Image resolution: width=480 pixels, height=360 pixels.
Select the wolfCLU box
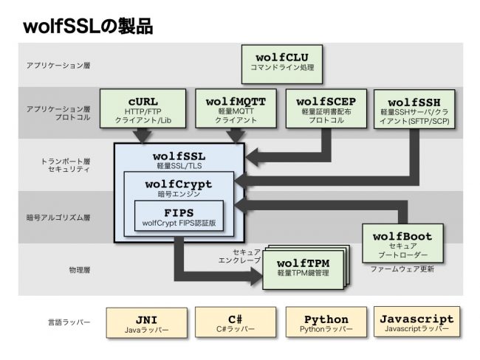pyautogui.click(x=281, y=61)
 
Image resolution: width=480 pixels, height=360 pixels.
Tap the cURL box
pyautogui.click(x=142, y=108)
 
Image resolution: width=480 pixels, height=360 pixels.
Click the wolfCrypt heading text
pyautogui.click(x=179, y=184)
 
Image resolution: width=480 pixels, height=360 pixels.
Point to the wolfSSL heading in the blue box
pyautogui.click(x=179, y=156)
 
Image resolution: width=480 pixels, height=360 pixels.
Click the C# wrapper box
pyautogui.click(x=236, y=323)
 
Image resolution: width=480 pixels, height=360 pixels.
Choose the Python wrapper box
pyautogui.click(x=326, y=323)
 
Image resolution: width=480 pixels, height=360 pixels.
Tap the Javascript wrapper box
pyautogui.click(x=416, y=323)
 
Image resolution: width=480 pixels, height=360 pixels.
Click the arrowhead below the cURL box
pyautogui.click(x=142, y=136)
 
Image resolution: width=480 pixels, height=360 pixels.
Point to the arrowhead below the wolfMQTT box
pyautogui.click(x=235, y=136)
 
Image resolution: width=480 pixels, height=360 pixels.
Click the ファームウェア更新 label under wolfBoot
pyautogui.click(x=402, y=269)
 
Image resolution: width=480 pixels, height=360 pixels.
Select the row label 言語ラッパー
pyautogui.click(x=66, y=322)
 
